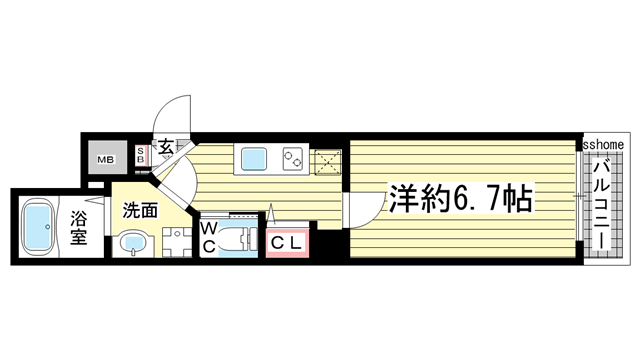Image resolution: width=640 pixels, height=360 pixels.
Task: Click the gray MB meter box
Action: [x=105, y=159]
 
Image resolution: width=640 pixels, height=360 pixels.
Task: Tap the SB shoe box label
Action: [x=140, y=155]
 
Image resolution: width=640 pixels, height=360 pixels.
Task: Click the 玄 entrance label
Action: [x=163, y=147]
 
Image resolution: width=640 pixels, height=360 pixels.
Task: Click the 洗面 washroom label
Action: [x=140, y=211]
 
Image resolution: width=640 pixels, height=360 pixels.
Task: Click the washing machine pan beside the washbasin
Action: [x=174, y=243]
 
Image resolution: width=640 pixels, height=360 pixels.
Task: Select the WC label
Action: [x=208, y=238]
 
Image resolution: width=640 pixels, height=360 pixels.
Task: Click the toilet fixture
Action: [x=239, y=240]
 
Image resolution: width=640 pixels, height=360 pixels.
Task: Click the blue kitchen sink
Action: [x=251, y=158]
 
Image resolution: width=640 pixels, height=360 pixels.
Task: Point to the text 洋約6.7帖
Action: [x=460, y=197]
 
